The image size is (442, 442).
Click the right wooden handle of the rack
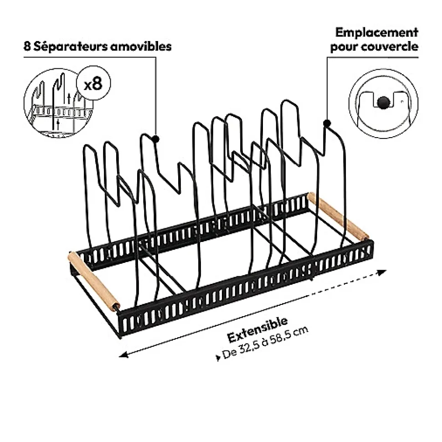(338, 216)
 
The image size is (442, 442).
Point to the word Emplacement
(377, 32)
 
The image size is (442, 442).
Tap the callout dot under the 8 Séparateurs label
(156, 139)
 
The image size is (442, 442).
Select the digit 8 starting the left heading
(27, 46)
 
